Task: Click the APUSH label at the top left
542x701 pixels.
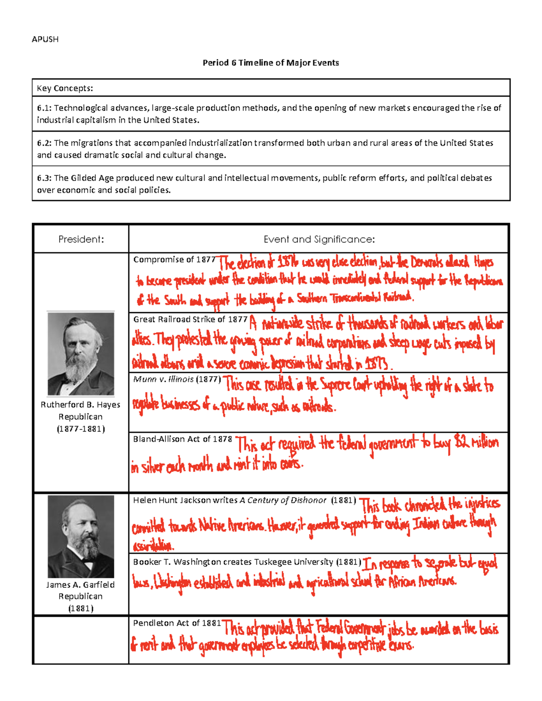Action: click(x=45, y=39)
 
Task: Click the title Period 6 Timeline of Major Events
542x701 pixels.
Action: click(x=271, y=63)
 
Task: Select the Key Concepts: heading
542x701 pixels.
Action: click(x=65, y=88)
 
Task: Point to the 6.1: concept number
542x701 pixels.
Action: click(x=44, y=108)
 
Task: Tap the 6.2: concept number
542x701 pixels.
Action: click(x=44, y=143)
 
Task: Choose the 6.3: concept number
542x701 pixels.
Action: click(x=44, y=178)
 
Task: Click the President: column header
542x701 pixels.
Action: click(x=81, y=239)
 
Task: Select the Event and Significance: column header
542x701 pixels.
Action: click(x=319, y=239)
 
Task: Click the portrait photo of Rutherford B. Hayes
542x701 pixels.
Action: click(x=81, y=354)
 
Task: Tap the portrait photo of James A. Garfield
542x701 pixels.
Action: click(x=81, y=536)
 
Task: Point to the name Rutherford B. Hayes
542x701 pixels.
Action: click(x=80, y=405)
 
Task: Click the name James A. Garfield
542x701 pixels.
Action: click(x=80, y=585)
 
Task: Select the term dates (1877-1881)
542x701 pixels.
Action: click(x=81, y=429)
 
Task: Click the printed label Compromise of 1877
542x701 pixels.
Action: click(x=174, y=260)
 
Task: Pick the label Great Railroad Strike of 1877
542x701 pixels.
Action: click(x=190, y=319)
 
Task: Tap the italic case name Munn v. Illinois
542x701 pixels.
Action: click(x=164, y=379)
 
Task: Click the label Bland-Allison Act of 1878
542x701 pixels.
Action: click(x=182, y=439)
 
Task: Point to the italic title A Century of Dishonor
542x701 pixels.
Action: click(x=283, y=500)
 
